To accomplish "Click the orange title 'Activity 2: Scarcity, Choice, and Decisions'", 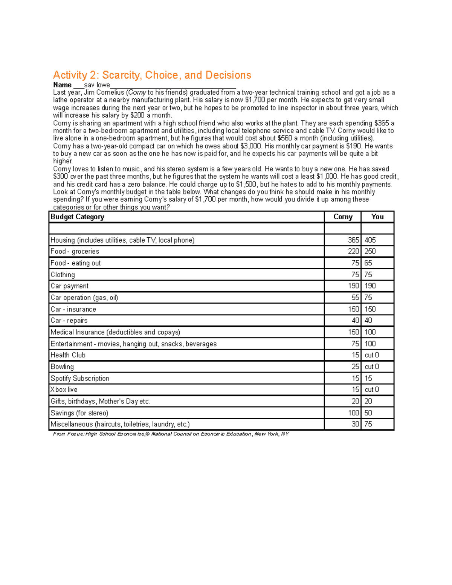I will (x=152, y=75).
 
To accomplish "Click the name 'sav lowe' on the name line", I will (x=97, y=85).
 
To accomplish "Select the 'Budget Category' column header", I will (x=77, y=217).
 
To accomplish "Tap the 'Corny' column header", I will (x=343, y=217).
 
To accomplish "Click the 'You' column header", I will (x=377, y=217).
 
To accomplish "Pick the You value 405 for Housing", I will (x=370, y=240).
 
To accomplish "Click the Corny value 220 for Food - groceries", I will (x=353, y=251).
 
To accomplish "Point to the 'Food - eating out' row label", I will (x=76, y=263).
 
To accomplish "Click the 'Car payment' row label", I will (x=70, y=286).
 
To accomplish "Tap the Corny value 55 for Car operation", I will (x=355, y=298).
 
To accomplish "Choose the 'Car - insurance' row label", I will (x=73, y=309).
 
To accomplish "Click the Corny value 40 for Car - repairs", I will (x=355, y=321).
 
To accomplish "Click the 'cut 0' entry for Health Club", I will (x=371, y=355).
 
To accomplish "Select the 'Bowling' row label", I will (x=62, y=367).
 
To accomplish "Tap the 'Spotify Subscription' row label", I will (x=80, y=378).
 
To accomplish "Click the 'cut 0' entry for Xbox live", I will (x=371, y=389).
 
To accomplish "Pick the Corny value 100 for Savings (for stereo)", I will (x=353, y=413).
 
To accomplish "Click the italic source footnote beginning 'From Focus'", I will (x=171, y=434).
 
